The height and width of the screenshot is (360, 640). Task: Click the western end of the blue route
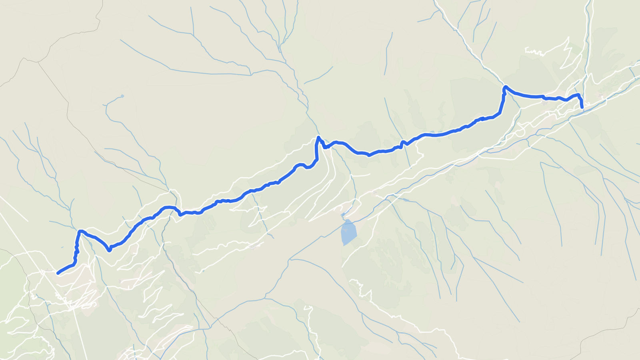pyautogui.click(x=58, y=273)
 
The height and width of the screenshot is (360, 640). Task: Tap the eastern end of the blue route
pyautogui.click(x=582, y=108)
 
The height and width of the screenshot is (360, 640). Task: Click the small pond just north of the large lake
pyautogui.click(x=343, y=215)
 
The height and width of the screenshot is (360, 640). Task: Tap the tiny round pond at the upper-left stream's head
pyautogui.click(x=122, y=96)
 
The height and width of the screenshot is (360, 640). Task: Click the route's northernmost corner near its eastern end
pyautogui.click(x=505, y=86)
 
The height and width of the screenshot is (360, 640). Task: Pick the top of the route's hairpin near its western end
pyautogui.click(x=80, y=231)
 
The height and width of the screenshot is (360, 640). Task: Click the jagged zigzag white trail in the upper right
pyautogui.click(x=534, y=52)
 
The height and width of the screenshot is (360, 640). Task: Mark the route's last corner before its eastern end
pyautogui.click(x=578, y=95)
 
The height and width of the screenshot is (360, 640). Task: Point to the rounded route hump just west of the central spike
pyautogui.click(x=299, y=164)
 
